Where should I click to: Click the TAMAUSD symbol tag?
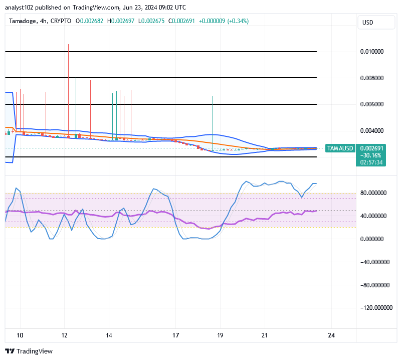click(x=340, y=148)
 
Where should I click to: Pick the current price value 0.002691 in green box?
click(x=371, y=148)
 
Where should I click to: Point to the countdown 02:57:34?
click(x=371, y=162)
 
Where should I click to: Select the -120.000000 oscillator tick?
click(x=375, y=308)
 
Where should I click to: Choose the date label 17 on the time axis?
click(x=175, y=335)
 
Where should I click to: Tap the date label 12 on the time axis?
click(x=64, y=335)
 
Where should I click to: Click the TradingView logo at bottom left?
click(x=29, y=351)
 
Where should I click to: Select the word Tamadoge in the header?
click(x=22, y=21)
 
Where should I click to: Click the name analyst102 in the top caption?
click(x=19, y=8)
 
